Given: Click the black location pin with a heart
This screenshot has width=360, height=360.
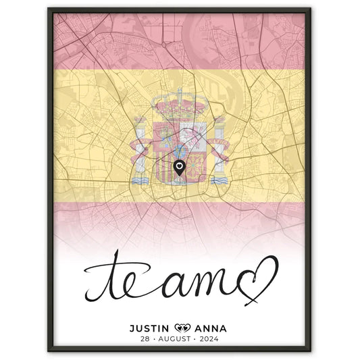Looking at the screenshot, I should click(179, 168).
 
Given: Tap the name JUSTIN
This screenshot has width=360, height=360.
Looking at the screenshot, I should click(151, 309).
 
